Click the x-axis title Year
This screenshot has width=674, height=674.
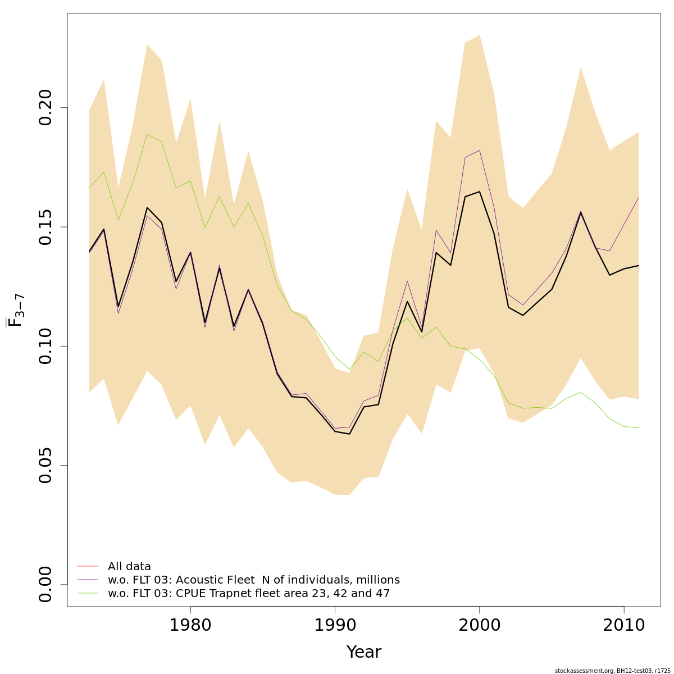(363, 652)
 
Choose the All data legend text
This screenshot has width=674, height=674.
(129, 567)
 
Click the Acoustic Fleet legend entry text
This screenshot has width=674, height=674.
(253, 580)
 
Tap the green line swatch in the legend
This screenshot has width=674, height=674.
(88, 593)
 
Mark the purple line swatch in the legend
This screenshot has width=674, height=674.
(88, 580)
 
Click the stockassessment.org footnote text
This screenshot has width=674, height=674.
(612, 671)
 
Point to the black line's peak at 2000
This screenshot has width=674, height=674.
(479, 192)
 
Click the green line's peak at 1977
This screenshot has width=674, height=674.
(147, 134)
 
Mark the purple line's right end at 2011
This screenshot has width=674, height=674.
(638, 198)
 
